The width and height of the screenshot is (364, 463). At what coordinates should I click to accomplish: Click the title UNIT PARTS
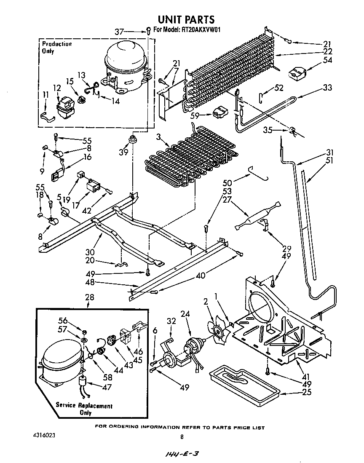click(186, 19)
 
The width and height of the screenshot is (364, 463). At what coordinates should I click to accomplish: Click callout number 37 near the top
click(119, 31)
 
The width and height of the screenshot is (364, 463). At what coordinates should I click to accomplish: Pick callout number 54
click(327, 61)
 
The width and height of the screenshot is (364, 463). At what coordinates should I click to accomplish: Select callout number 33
click(327, 88)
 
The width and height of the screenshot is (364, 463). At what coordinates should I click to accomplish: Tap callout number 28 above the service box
click(89, 298)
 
